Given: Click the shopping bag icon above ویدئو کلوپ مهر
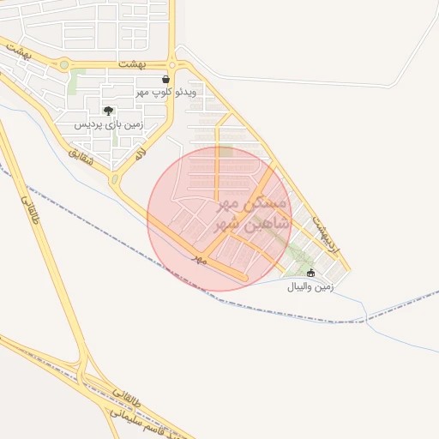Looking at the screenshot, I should tap(165, 79).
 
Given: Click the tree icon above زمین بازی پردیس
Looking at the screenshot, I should tap(109, 111).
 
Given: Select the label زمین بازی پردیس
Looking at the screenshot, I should tap(108, 124).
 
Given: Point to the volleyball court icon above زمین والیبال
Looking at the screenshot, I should tap(310, 274).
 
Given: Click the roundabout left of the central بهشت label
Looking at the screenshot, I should tap(64, 64).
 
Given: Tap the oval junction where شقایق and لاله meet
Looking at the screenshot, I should tap(114, 180).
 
